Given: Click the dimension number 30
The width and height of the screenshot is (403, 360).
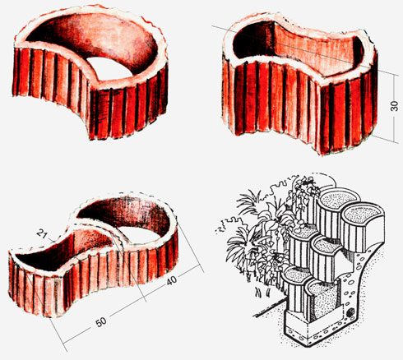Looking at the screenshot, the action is [x=394, y=106].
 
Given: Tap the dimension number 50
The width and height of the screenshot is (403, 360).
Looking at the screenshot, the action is [x=101, y=322].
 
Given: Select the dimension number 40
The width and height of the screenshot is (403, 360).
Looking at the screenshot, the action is [x=172, y=280].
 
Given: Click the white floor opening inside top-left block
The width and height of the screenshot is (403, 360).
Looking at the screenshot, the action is [x=109, y=67].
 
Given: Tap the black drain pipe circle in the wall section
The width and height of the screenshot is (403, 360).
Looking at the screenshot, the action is [x=350, y=312].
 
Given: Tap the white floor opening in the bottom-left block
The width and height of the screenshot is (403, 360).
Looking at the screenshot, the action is [x=137, y=233].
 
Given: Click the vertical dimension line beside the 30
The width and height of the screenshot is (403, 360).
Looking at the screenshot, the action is [x=395, y=108].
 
